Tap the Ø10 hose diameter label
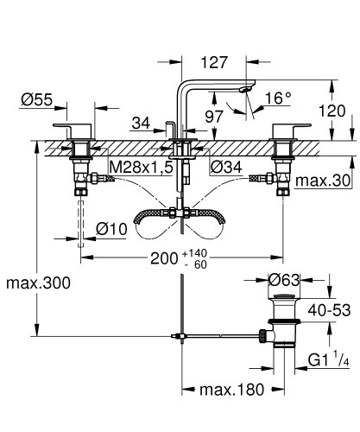point(112,228)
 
